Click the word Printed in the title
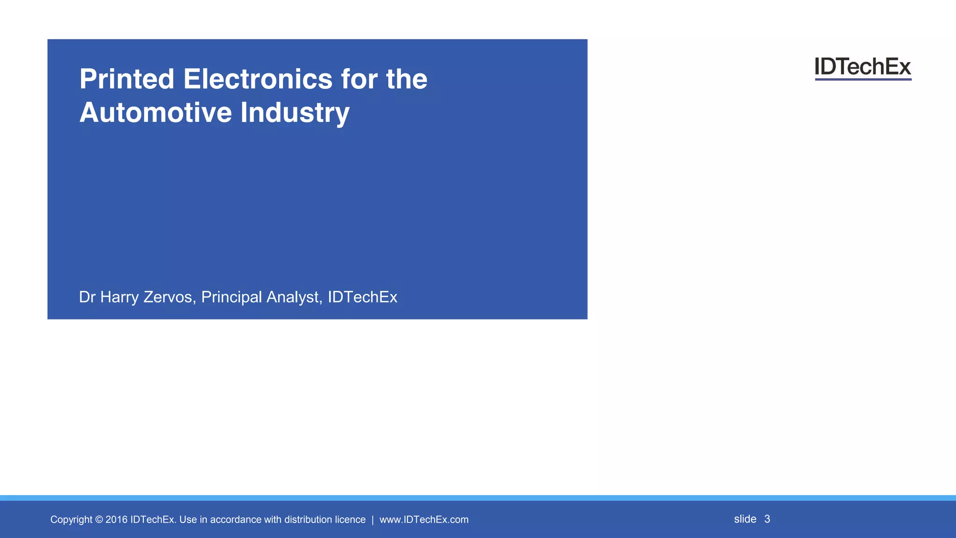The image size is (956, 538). [x=127, y=79]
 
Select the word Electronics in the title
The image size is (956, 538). [x=258, y=79]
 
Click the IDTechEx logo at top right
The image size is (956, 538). [x=863, y=68]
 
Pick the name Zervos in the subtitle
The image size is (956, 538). [x=169, y=297]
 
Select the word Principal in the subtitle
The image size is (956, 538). [x=231, y=297]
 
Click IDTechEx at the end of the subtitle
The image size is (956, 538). [x=362, y=297]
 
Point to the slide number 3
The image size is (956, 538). [x=767, y=519]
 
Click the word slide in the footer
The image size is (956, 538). [x=745, y=519]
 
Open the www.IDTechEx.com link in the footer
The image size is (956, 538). [x=424, y=520]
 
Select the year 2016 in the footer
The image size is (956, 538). [x=116, y=520]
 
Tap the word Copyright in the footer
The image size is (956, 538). [x=71, y=520]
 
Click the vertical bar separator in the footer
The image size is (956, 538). [x=373, y=520]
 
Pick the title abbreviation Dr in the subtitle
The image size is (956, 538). [x=87, y=297]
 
